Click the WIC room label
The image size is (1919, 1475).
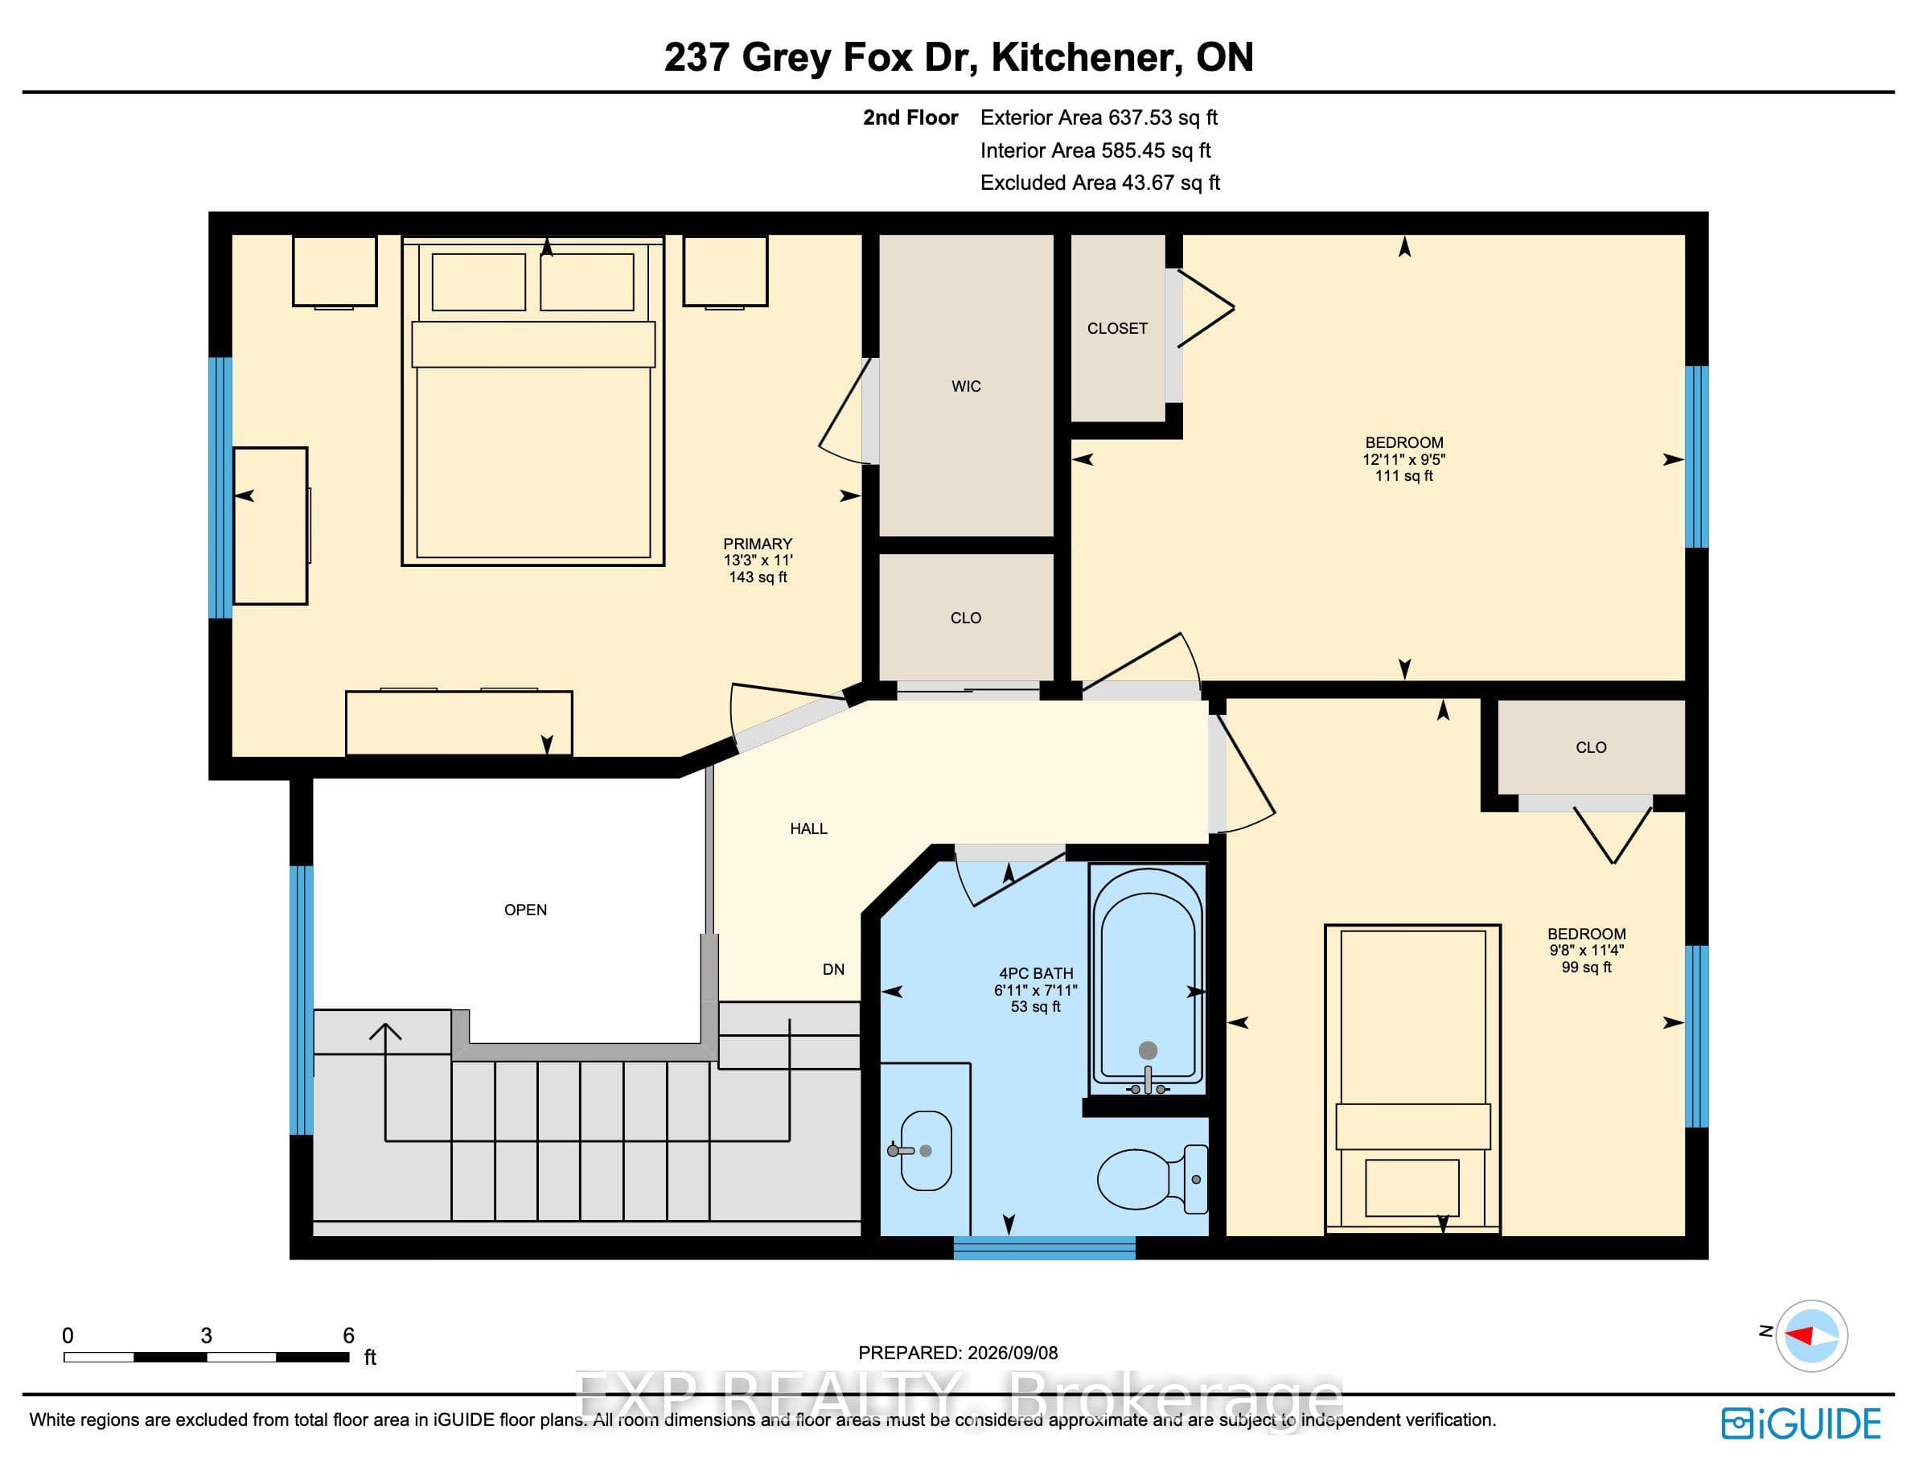(966, 386)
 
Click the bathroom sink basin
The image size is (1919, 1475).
(925, 1151)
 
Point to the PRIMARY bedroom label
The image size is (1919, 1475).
(758, 544)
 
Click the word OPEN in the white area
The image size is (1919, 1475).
(525, 910)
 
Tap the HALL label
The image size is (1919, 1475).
(808, 829)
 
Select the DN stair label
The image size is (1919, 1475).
(833, 969)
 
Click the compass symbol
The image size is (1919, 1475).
(1811, 1335)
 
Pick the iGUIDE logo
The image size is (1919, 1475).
(1801, 1424)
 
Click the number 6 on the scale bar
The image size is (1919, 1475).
(348, 1335)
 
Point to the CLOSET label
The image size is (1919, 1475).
(1116, 328)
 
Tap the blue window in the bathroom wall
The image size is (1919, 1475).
(1044, 1247)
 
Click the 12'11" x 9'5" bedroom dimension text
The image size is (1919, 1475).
(1403, 459)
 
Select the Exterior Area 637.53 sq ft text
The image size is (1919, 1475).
(1098, 117)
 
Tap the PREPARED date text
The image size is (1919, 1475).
(958, 1353)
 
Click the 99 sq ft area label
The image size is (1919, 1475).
(1586, 968)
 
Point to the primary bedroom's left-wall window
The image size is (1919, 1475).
(220, 487)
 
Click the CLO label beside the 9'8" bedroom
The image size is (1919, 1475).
(1591, 748)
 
